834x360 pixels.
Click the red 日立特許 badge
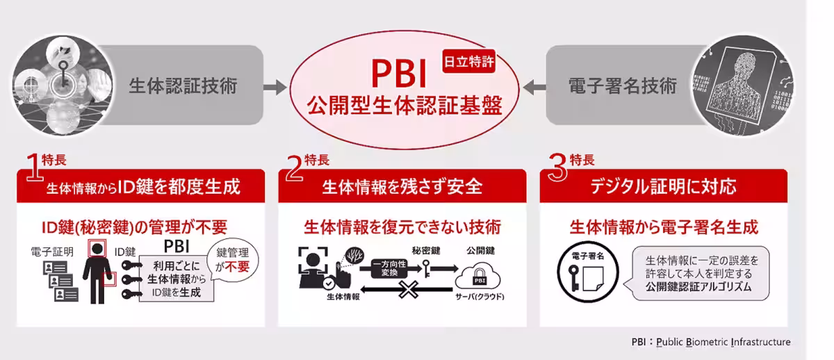pos(468,61)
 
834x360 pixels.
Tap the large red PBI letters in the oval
pos(399,74)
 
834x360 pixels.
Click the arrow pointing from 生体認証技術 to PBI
pos(275,88)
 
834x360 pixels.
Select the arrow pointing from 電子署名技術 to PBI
pos(534,88)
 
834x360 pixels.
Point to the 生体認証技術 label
pos(183,86)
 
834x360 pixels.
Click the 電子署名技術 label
pos(623,86)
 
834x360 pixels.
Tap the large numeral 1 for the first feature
pos(34,167)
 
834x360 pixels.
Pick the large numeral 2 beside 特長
pos(294,167)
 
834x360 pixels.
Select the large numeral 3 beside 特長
pos(558,167)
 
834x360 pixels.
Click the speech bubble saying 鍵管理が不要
pos(233,260)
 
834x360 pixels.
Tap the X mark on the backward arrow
pos(409,290)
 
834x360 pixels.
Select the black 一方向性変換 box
pos(389,268)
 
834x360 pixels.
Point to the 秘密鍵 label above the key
pos(426,251)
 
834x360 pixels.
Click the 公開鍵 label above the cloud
pos(480,251)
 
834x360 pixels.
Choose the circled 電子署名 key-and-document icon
pos(587,272)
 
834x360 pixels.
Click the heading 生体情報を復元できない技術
pos(402,227)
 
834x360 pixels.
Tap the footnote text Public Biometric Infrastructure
pos(723,342)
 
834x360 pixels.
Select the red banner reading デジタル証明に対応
pos(664,186)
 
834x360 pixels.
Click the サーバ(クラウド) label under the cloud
pos(480,297)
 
